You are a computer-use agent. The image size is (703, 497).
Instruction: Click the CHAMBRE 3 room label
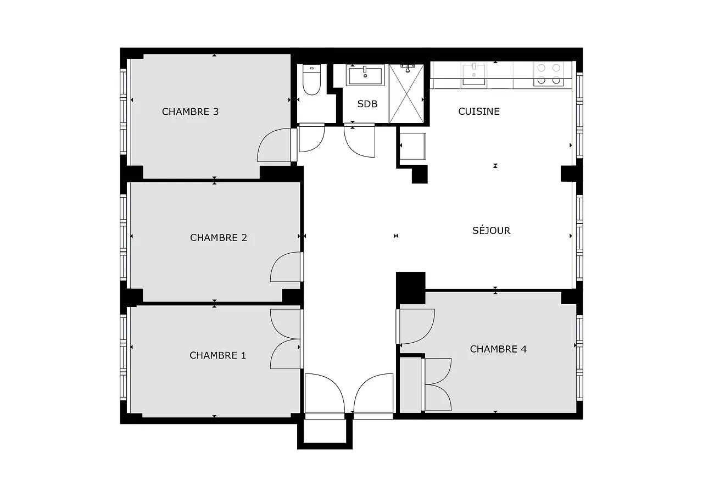click(190, 111)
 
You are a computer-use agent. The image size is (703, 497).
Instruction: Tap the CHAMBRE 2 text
click(218, 238)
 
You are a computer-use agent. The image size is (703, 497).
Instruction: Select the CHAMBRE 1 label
click(217, 355)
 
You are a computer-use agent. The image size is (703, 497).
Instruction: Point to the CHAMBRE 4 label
click(498, 349)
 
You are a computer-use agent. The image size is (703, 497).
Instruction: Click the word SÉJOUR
click(491, 231)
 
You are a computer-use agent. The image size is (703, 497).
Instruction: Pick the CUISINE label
click(479, 111)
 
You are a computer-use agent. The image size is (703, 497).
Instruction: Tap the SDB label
click(367, 104)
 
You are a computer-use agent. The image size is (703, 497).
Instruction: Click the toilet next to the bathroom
click(311, 80)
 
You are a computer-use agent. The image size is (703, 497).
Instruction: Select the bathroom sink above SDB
click(365, 76)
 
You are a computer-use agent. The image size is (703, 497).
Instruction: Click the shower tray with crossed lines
click(406, 93)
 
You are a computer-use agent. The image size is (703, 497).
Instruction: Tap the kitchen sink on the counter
click(473, 74)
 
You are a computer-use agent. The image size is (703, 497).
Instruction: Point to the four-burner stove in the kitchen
click(549, 74)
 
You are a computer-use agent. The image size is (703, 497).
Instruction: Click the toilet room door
click(311, 138)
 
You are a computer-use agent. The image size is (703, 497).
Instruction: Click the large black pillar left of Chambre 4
click(410, 287)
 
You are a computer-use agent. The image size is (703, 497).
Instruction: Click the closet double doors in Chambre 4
click(437, 384)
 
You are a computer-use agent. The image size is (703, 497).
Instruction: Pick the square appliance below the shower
click(412, 146)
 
